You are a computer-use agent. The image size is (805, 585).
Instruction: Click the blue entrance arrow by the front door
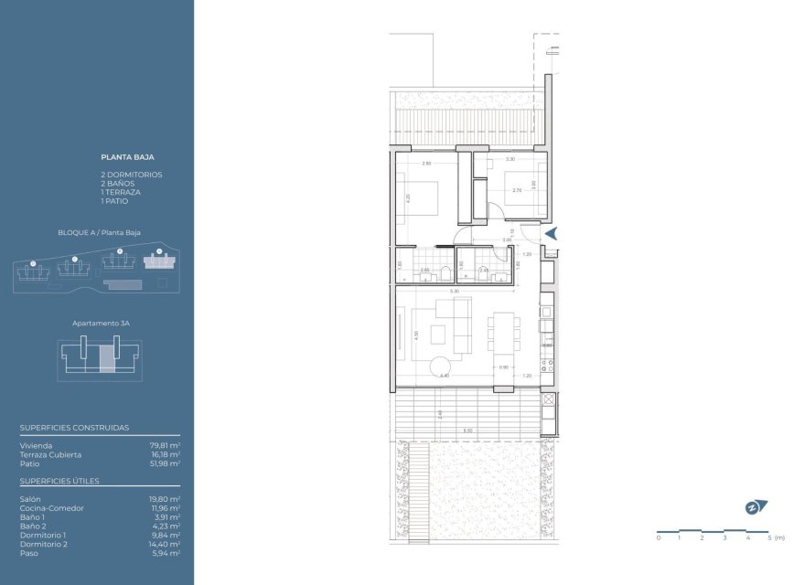[x=552, y=233]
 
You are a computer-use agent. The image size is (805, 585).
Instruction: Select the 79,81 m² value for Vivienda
[x=165, y=445]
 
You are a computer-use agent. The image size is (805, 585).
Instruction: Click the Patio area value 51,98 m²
[x=165, y=463]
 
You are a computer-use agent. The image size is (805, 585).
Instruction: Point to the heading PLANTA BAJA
[x=127, y=156]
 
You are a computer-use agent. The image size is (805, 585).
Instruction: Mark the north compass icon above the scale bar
[x=755, y=507]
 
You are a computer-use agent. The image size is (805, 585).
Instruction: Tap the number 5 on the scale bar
[x=769, y=537]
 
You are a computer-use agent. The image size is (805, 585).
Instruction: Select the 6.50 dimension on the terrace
[x=467, y=430]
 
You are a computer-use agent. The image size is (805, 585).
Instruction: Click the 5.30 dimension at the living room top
[x=454, y=292]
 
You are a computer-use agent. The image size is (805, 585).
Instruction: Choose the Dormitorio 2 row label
[x=43, y=544]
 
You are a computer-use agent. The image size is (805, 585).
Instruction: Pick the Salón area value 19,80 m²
[x=165, y=499]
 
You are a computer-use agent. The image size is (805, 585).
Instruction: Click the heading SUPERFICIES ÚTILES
[x=59, y=481]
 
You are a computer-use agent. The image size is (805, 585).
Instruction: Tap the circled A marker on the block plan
[x=33, y=262]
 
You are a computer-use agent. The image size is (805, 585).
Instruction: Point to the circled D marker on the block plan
[x=158, y=250]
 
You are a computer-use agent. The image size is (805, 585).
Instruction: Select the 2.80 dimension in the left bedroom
[x=426, y=164]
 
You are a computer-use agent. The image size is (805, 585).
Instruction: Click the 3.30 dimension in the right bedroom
[x=510, y=160]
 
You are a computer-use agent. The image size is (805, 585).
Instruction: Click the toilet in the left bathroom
[x=443, y=271]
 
